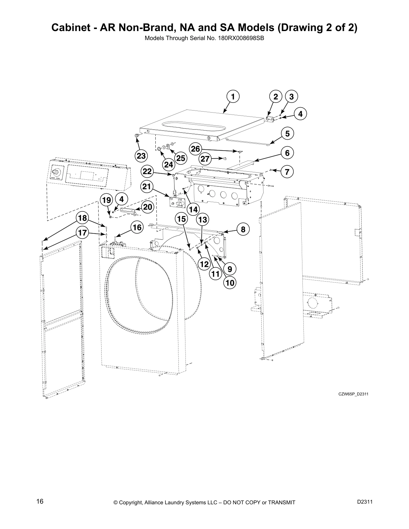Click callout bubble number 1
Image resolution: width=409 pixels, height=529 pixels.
pos(233,97)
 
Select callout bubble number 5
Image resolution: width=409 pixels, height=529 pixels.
pos(287,134)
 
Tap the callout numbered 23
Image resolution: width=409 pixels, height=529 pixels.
pos(141,156)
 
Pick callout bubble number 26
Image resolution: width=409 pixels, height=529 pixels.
pos(195,149)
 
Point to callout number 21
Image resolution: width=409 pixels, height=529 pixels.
pos(147,187)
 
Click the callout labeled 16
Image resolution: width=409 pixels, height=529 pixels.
pos(137,227)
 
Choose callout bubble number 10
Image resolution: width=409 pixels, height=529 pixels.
pos(230,283)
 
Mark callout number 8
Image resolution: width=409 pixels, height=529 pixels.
pos(243,229)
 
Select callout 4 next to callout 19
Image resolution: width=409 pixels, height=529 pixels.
pos(121,199)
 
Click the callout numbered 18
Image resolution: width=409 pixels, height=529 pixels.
pos(82,218)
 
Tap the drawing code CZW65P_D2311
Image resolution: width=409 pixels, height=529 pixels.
pos(353,394)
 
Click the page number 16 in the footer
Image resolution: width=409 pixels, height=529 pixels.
pos(40,502)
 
